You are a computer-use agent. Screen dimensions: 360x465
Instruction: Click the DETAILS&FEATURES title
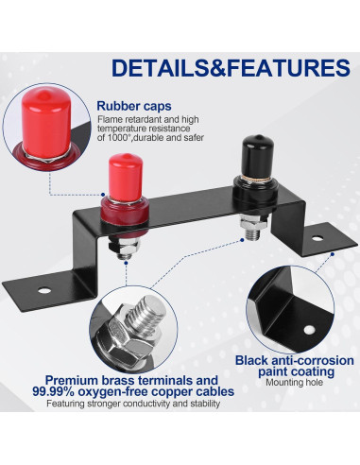tap(231, 68)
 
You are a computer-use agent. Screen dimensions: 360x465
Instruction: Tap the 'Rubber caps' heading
tap(134, 106)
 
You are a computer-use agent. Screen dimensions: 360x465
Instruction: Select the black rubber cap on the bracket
tap(257, 157)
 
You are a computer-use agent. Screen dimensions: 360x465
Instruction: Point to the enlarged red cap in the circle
tap(46, 122)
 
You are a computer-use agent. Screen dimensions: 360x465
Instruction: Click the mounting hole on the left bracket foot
tap(44, 290)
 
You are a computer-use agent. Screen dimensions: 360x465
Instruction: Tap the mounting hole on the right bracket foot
tap(317, 238)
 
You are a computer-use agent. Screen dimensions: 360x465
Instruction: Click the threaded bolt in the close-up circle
tap(146, 314)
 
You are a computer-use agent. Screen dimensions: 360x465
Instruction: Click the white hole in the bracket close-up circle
tap(309, 330)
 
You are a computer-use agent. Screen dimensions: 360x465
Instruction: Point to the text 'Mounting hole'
tap(294, 383)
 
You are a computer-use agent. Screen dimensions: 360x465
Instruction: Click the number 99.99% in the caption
tap(53, 392)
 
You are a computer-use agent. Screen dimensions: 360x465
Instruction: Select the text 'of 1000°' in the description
tap(112, 138)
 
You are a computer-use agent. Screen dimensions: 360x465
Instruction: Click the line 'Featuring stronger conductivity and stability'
tap(133, 404)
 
